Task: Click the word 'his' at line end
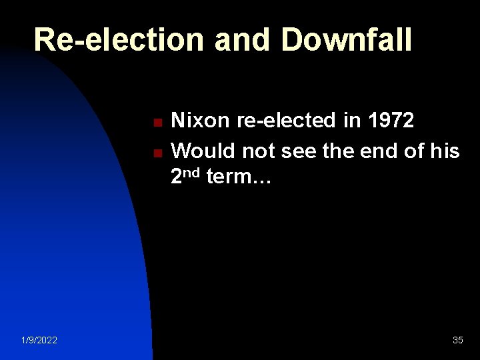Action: [445, 151]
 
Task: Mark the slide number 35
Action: [457, 341]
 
